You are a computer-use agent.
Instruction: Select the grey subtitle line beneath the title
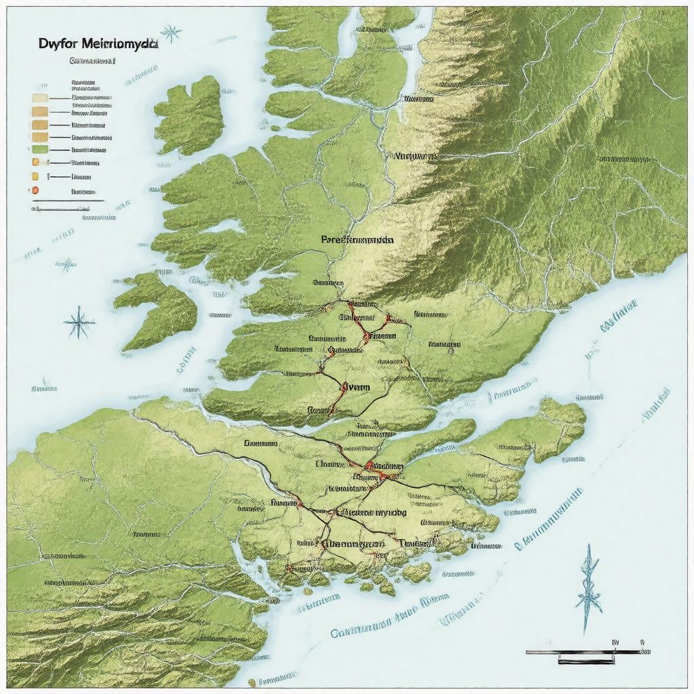click(x=91, y=60)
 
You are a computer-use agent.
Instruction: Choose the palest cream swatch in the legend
click(x=39, y=98)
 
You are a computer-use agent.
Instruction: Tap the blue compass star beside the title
click(x=171, y=32)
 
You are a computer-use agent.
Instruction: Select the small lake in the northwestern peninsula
click(x=223, y=226)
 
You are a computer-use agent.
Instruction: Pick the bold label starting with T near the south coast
click(x=415, y=543)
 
